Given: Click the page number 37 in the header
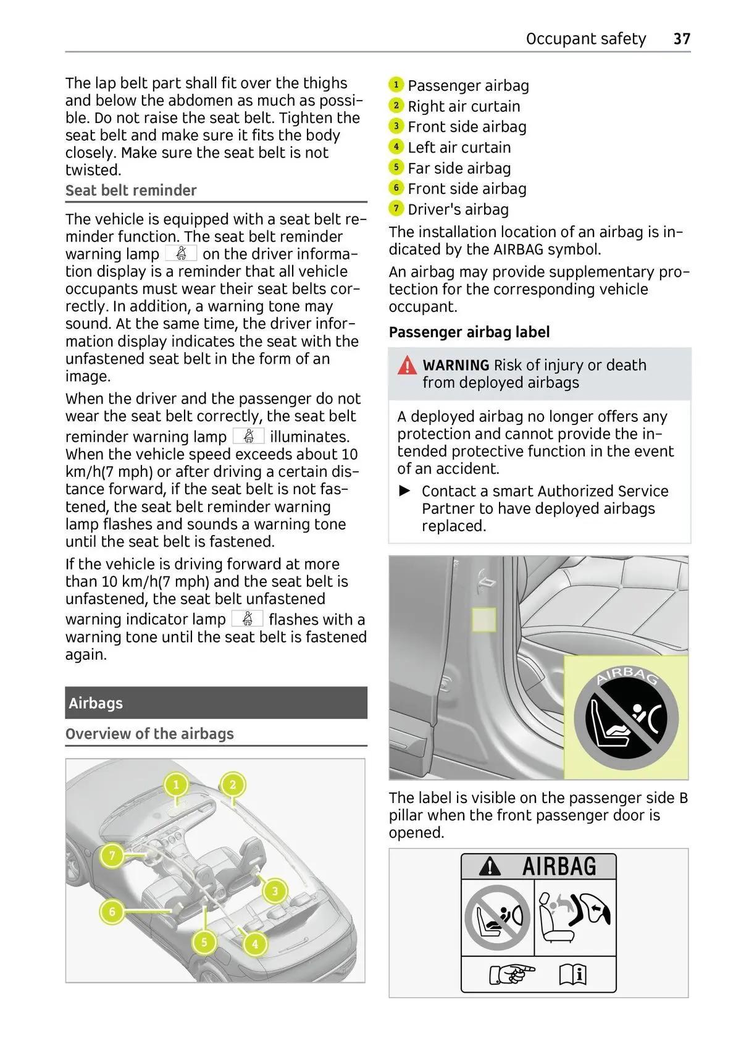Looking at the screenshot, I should (682, 39).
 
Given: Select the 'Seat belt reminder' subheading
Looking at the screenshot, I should (131, 190).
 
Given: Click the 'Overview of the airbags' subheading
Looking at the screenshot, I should (149, 734).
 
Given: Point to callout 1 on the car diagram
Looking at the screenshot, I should (176, 785).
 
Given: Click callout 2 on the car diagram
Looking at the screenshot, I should (233, 785).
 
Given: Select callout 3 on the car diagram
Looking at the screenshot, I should (275, 891).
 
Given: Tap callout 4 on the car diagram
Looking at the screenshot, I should (254, 944).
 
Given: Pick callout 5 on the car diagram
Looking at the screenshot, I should (204, 942).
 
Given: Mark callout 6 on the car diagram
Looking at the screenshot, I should (112, 912).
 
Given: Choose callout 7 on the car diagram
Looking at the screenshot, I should (112, 856).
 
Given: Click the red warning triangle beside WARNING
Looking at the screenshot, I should (407, 366).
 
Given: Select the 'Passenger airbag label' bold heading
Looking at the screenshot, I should (469, 332).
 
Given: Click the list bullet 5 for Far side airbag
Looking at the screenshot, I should (396, 167).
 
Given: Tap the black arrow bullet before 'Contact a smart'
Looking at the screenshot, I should (405, 491).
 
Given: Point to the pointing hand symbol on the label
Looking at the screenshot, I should (511, 974).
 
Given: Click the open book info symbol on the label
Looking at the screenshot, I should (572, 974).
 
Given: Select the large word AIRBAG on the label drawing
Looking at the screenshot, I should (559, 867).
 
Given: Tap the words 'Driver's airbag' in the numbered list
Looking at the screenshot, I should (458, 209).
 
